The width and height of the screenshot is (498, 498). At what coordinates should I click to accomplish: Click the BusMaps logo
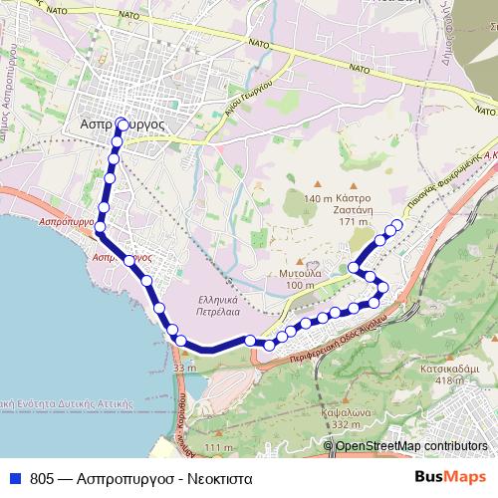(449, 478)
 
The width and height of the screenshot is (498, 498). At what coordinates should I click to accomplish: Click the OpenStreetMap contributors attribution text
(411, 446)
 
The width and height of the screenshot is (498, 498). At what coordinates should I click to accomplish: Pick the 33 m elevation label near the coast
(183, 369)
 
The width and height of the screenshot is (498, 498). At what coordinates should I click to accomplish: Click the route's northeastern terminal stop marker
(398, 224)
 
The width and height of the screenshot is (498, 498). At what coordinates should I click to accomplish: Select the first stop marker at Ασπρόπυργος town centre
(122, 124)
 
